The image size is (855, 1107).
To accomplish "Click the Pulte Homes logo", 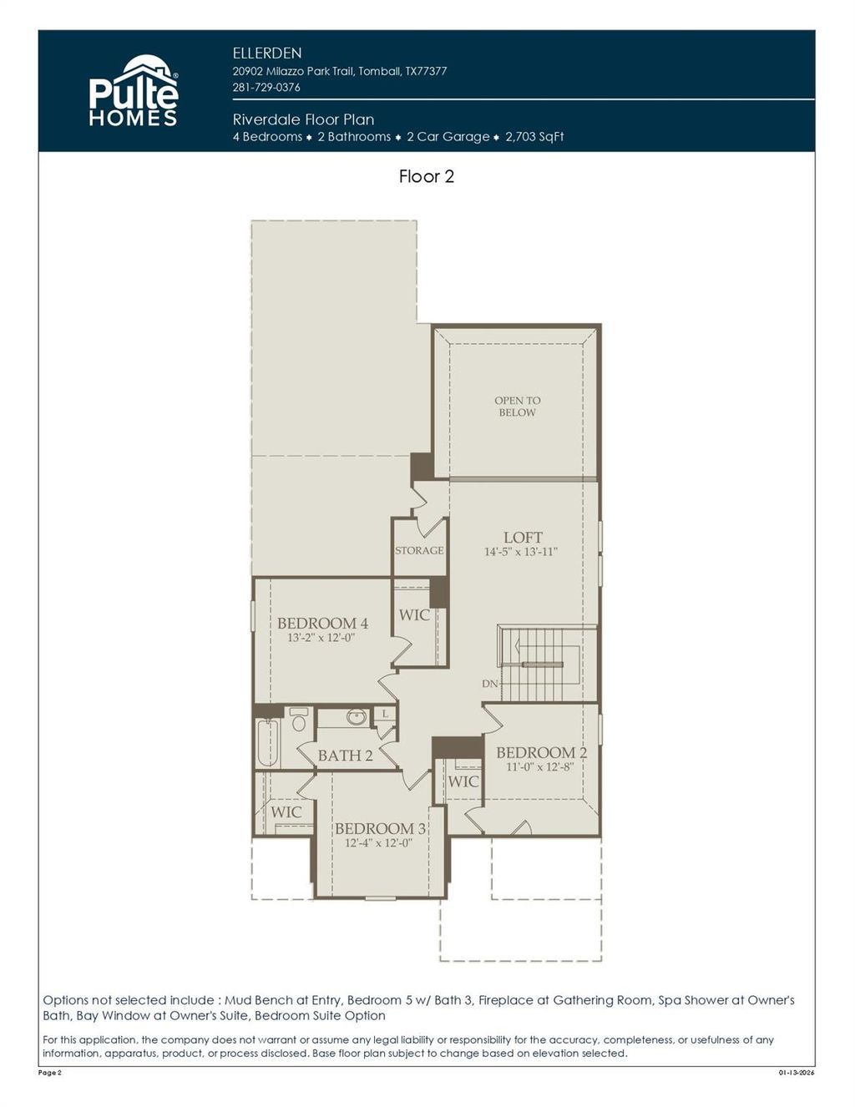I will click(x=134, y=92).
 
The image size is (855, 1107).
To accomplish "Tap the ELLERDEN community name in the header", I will click(x=267, y=53).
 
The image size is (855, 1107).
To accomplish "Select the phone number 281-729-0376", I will click(x=266, y=87).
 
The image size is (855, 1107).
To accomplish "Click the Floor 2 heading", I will click(x=426, y=176).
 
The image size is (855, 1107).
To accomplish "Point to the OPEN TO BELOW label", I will click(x=517, y=407).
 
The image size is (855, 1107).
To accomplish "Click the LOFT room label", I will click(x=523, y=538).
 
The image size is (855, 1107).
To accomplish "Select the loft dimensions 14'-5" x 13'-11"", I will click(x=521, y=552).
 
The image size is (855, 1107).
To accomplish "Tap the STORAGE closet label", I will click(x=419, y=551).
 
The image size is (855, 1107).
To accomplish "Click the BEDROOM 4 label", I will click(x=322, y=624).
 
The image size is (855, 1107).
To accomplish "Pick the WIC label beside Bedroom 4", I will click(x=414, y=615).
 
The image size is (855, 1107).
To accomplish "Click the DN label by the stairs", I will click(x=490, y=684).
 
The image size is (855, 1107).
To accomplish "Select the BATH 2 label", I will click(x=345, y=756).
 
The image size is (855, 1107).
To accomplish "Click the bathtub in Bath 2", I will click(x=267, y=741).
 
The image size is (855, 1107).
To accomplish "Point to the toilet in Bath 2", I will click(x=298, y=720).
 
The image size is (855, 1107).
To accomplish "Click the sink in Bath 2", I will click(x=357, y=717).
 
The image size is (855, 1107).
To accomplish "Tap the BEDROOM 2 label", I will click(x=541, y=752).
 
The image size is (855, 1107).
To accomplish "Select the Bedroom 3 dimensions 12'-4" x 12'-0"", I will click(x=379, y=843).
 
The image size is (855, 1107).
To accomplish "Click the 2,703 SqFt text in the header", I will click(x=534, y=137).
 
